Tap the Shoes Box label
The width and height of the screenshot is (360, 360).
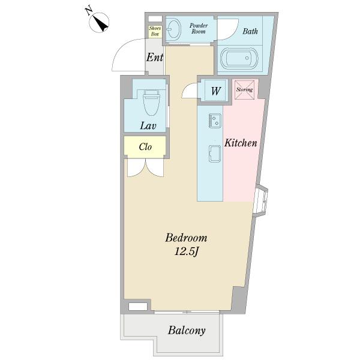(155, 31)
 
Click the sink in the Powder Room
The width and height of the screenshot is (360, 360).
(173, 29)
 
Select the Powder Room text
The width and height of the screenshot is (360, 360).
(199, 28)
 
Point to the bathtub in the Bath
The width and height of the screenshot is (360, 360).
(239, 58)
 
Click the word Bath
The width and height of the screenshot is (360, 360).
(250, 31)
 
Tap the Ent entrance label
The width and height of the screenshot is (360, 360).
(155, 57)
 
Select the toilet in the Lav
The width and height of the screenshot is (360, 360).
(152, 102)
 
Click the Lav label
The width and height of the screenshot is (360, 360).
(148, 125)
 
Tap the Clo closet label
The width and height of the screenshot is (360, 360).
(145, 147)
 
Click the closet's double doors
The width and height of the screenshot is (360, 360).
(146, 168)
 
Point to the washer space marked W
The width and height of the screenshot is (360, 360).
(215, 91)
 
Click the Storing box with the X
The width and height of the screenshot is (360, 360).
(245, 89)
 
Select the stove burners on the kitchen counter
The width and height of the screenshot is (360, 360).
(215, 121)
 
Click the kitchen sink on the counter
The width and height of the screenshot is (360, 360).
(215, 154)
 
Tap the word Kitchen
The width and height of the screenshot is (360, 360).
(241, 143)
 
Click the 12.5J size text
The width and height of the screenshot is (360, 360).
(186, 251)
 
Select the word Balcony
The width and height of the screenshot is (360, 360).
(187, 331)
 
